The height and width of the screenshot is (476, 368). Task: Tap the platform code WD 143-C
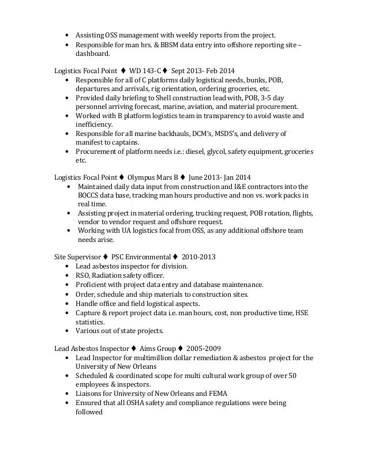pyautogui.click(x=146, y=70)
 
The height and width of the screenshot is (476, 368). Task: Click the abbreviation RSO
pyautogui.click(x=82, y=275)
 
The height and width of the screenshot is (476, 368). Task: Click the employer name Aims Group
pyautogui.click(x=157, y=348)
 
